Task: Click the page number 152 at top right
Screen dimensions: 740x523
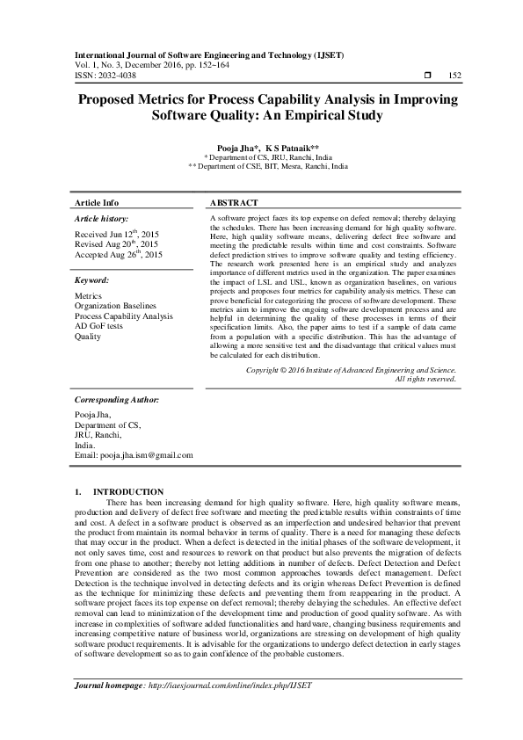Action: [454, 76]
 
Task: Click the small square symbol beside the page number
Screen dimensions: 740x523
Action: [427, 76]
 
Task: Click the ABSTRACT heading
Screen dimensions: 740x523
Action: [235, 202]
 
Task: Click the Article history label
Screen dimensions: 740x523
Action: [101, 218]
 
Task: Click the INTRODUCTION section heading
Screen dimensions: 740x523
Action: [128, 491]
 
